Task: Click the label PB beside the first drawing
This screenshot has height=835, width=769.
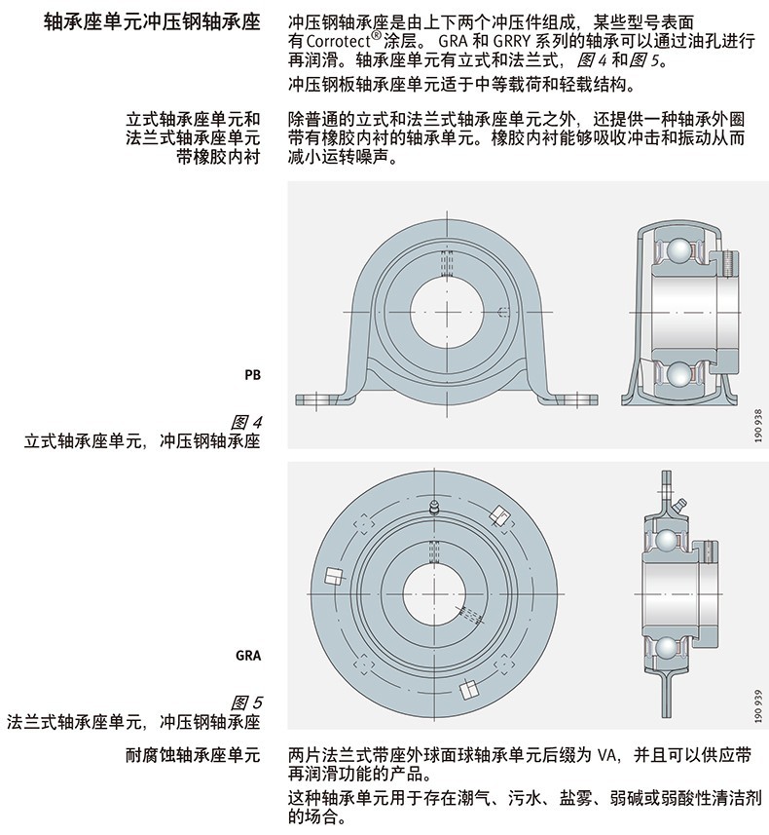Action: [x=252, y=373]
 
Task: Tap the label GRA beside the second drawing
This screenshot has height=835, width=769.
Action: [x=248, y=655]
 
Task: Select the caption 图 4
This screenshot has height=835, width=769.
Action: [x=248, y=422]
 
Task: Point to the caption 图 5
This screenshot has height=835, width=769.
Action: [x=247, y=702]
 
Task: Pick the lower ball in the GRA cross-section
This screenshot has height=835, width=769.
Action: [x=666, y=648]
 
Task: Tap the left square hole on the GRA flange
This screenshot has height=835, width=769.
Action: [x=333, y=576]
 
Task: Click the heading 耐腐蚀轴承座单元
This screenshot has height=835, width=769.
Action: [x=192, y=756]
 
